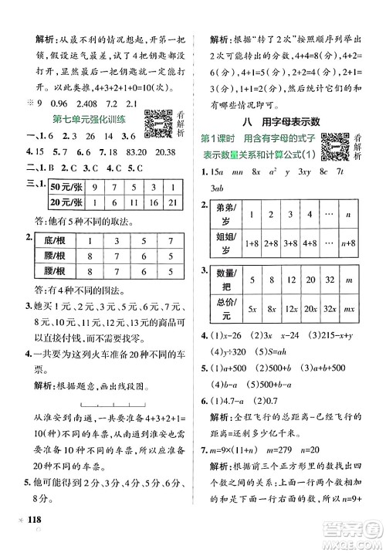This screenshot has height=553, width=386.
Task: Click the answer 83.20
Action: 119,151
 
